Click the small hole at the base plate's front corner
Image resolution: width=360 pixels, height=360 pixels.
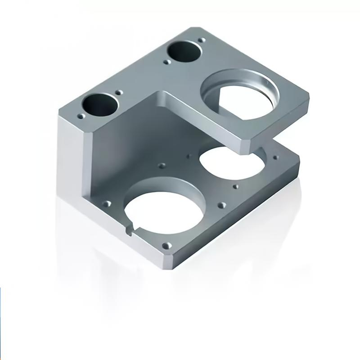pos(166,246)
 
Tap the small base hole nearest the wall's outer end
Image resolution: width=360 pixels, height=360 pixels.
pos(107,204)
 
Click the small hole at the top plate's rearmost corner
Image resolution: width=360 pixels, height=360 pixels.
pos(202,40)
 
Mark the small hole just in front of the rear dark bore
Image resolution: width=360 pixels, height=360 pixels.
pos(167,62)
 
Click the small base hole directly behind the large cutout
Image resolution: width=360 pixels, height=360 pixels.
pos(162,166)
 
